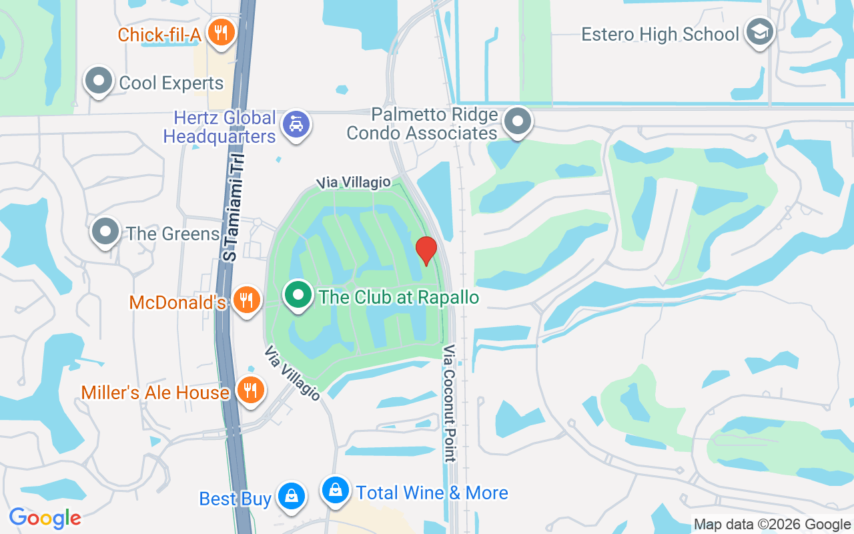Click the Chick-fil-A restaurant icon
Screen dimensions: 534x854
[220, 31]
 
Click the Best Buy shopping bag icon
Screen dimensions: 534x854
[292, 496]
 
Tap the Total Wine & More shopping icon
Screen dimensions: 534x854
[336, 491]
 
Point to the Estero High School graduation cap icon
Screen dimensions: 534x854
[759, 31]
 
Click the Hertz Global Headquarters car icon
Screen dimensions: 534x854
[296, 124]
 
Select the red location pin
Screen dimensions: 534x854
[426, 250]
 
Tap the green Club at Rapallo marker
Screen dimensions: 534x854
[298, 294]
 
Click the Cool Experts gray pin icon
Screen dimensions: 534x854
[99, 81]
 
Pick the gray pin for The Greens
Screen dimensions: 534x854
[105, 231]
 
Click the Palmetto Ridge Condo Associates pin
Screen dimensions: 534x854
[518, 121]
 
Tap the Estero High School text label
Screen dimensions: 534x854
[660, 34]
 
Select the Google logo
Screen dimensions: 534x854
[45, 518]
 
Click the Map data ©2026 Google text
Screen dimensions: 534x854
[772, 525]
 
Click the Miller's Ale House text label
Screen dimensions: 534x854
[155, 392]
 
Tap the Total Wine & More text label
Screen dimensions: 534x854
[432, 493]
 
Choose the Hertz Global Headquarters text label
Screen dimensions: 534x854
[220, 127]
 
